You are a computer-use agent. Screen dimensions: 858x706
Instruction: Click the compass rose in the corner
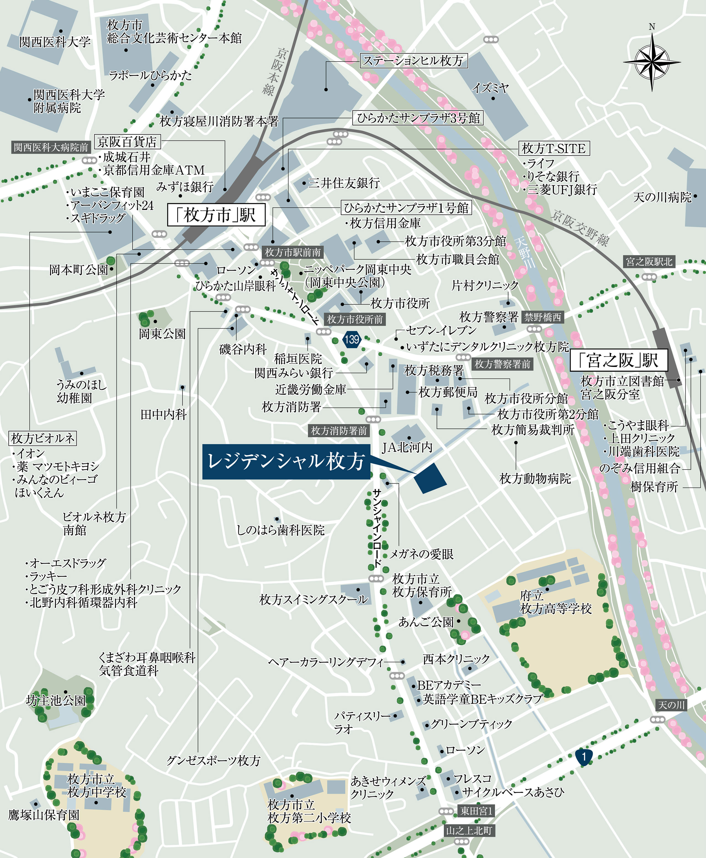pos(652,62)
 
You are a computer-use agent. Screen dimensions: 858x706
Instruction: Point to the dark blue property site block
pos(430,478)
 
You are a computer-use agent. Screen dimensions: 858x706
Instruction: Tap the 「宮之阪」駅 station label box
pos(618,360)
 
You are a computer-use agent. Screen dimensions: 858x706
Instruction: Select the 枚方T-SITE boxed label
pos(554,148)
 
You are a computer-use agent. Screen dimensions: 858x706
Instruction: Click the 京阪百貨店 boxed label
pos(127,142)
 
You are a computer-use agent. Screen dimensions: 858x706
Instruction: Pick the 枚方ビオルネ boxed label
pos(43,438)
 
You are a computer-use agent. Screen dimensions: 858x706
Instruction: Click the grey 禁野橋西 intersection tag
pos(543,317)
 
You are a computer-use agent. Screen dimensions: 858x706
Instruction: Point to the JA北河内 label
pos(407,447)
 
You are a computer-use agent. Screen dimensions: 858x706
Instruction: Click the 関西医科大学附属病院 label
pos(68,101)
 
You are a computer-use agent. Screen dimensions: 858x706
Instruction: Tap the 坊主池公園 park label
pos(56,700)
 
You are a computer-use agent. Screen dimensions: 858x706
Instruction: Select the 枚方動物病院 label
pos(535,478)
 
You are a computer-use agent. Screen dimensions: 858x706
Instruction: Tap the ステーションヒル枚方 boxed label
pos(413,61)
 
